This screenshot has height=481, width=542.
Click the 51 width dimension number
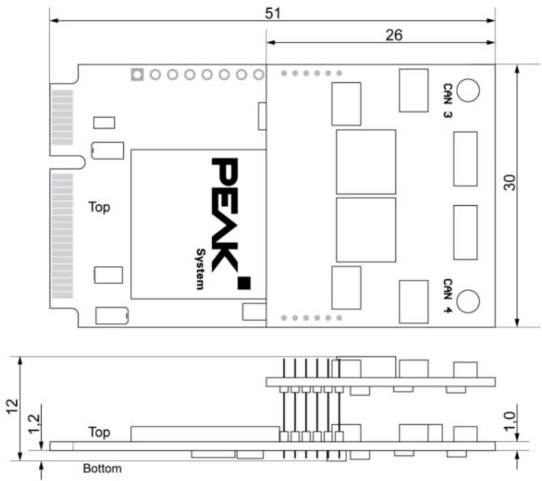pyautogui.click(x=272, y=13)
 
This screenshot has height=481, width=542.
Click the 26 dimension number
pyautogui.click(x=394, y=35)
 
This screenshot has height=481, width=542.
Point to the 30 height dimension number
pyautogui.click(x=509, y=183)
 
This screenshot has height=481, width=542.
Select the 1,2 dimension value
pyautogui.click(x=34, y=424)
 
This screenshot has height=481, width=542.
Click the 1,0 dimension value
pyautogui.click(x=510, y=421)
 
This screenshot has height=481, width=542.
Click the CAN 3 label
pyautogui.click(x=448, y=101)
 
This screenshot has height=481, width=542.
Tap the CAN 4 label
pyautogui.click(x=448, y=296)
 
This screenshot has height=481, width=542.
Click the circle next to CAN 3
pyautogui.click(x=468, y=91)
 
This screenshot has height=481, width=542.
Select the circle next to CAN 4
pyautogui.click(x=468, y=301)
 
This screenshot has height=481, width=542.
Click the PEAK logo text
pyautogui.click(x=224, y=215)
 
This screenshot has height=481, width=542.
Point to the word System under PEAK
pyautogui.click(x=200, y=269)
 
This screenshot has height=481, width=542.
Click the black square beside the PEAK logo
pyautogui.click(x=244, y=283)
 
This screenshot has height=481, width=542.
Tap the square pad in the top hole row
pyautogui.click(x=137, y=75)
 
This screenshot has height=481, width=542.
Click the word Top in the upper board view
pyautogui.click(x=99, y=207)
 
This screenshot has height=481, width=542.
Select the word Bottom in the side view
pyautogui.click(x=102, y=468)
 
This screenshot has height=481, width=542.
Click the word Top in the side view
pyautogui.click(x=99, y=432)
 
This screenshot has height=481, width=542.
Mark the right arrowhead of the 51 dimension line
pyautogui.click(x=491, y=21)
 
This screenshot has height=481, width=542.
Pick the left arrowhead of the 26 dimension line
pyautogui.click(x=271, y=43)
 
